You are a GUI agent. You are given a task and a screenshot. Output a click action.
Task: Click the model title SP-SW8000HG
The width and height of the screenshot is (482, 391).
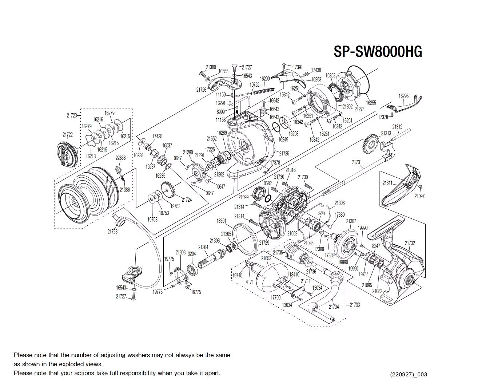pyautogui.click(x=378, y=52)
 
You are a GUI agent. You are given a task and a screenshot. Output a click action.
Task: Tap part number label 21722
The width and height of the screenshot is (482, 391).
pyautogui.click(x=67, y=135)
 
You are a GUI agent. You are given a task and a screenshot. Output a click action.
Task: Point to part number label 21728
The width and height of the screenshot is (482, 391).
pyautogui.click(x=112, y=232)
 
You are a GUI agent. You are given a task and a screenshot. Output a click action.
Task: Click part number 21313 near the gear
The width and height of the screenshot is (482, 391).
pyautogui.click(x=386, y=133)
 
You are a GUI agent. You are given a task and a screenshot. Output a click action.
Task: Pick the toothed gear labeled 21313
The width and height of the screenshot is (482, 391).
pyautogui.click(x=371, y=145)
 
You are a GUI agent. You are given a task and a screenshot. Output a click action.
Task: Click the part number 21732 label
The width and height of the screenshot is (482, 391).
pyautogui.click(x=410, y=243)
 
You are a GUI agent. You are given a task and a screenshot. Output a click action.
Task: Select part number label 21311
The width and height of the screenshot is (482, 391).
pyautogui.click(x=387, y=183)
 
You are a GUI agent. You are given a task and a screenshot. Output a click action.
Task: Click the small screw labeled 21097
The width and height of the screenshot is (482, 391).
pyautogui.click(x=421, y=187)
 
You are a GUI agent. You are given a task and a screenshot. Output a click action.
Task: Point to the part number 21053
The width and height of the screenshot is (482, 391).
pyautogui.click(x=266, y=258)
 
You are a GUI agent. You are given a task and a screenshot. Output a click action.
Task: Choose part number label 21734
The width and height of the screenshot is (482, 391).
pyautogui.click(x=334, y=307)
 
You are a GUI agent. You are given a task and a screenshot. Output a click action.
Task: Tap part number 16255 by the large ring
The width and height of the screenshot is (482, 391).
pyautogui.click(x=371, y=103)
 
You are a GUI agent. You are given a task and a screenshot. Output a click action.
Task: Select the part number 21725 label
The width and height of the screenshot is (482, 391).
pyautogui.click(x=284, y=154)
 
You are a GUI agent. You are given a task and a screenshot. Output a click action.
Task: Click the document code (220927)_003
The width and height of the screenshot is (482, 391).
pyautogui.click(x=408, y=375)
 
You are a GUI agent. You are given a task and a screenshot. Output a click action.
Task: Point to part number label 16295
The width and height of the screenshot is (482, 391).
pyautogui.click(x=403, y=96)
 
